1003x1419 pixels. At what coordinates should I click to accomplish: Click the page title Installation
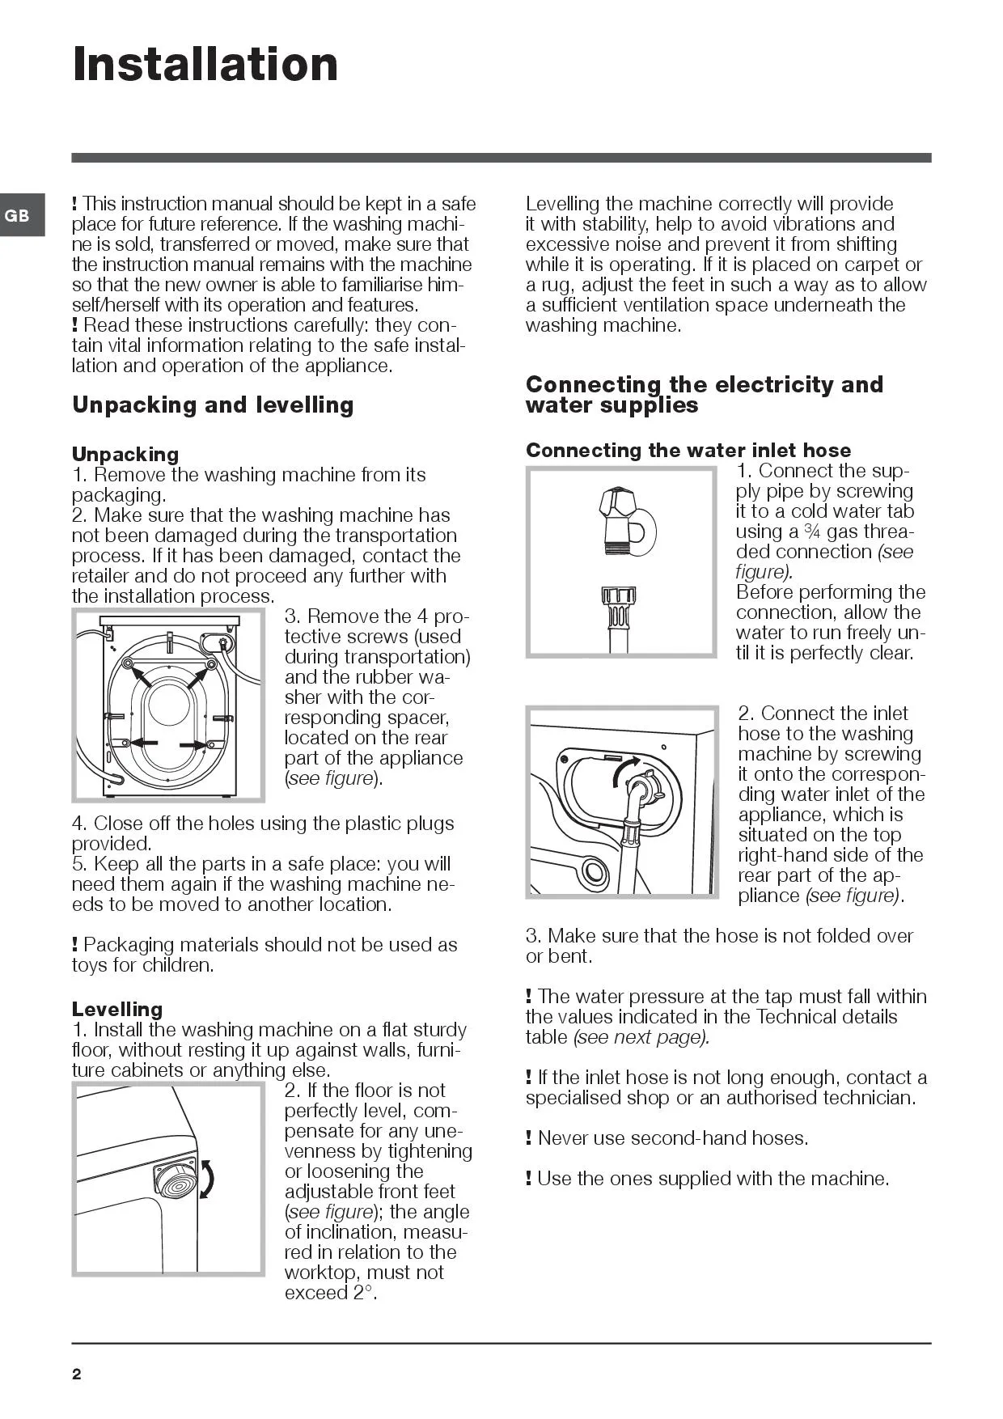point(205,65)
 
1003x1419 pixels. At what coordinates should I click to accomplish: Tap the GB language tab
point(18,216)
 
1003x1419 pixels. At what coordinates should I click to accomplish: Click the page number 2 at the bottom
point(77,1374)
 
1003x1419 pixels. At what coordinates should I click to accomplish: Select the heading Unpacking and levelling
point(213,405)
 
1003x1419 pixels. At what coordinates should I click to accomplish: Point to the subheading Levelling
point(117,1009)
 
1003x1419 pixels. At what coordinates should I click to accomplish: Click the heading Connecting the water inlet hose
point(688,451)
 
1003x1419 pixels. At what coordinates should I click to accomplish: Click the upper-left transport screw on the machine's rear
point(127,664)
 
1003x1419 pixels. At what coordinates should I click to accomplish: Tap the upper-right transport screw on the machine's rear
point(211,664)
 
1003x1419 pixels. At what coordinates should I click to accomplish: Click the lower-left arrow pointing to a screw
point(144,743)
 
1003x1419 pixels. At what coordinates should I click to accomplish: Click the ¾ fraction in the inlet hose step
point(812,532)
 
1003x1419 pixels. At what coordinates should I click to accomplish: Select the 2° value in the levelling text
point(364,1293)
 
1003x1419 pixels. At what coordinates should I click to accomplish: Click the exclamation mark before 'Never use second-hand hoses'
point(529,1138)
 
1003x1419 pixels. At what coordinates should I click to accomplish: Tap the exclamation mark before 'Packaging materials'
point(75,945)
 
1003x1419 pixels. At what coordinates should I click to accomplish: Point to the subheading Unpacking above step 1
point(125,454)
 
